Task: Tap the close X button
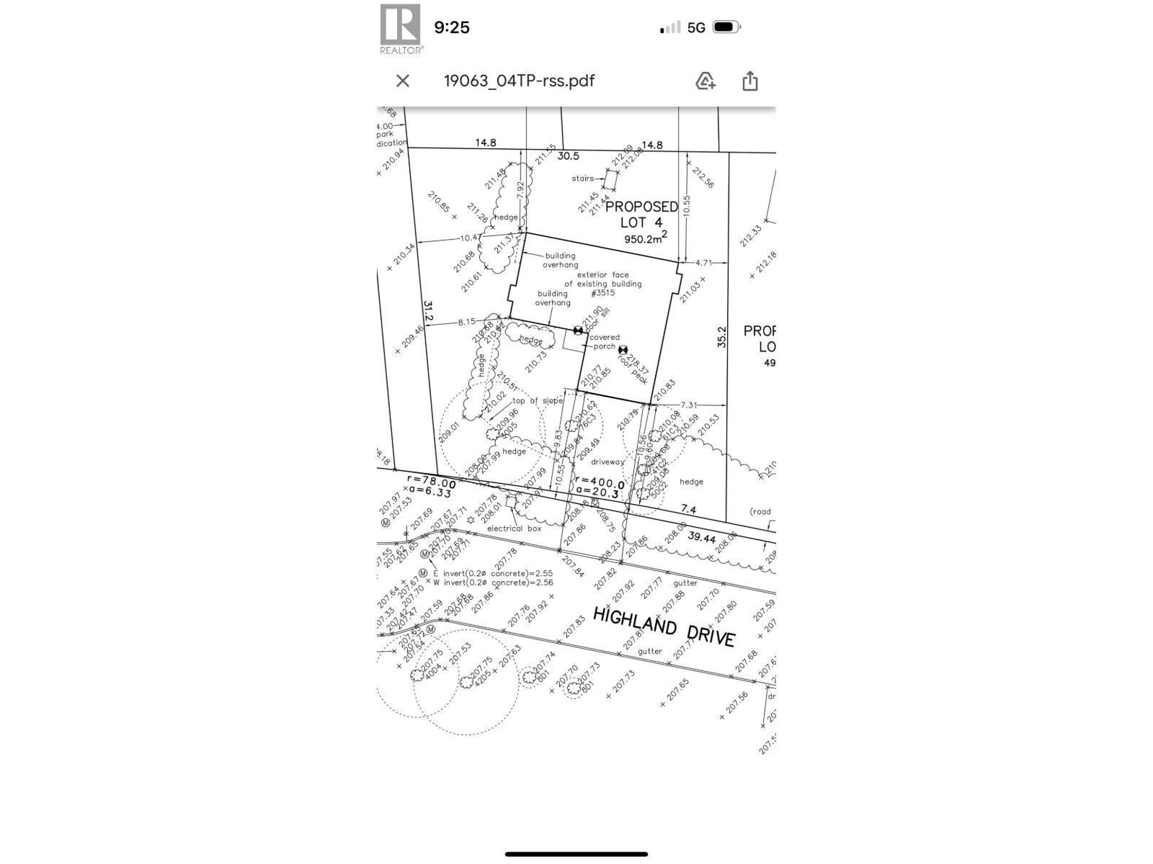(x=403, y=81)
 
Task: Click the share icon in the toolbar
(x=749, y=81)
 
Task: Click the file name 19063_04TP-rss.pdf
(x=519, y=81)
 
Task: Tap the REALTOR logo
(x=401, y=29)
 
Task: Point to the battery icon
(x=726, y=27)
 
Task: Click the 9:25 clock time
(x=452, y=27)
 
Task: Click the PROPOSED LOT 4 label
(x=641, y=214)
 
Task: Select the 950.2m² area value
(x=646, y=238)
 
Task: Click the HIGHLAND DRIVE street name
(x=664, y=626)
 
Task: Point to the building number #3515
(x=602, y=293)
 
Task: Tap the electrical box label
(x=514, y=528)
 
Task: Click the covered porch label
(x=605, y=341)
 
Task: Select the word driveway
(x=607, y=462)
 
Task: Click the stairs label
(x=582, y=178)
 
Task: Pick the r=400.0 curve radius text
(x=599, y=482)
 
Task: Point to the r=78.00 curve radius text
(x=431, y=482)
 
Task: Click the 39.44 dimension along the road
(x=701, y=537)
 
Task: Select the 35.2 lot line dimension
(x=721, y=338)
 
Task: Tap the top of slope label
(x=537, y=401)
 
